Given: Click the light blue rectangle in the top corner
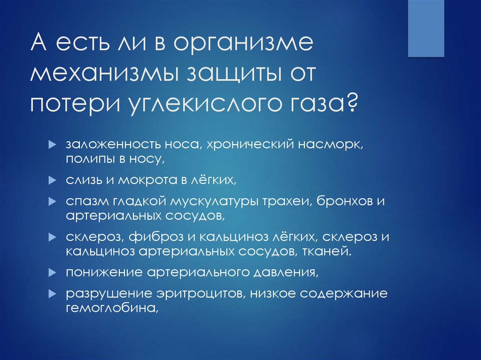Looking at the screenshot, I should tap(426, 28).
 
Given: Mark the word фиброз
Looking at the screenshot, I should tap(153, 237).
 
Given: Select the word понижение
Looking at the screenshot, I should tap(97, 272).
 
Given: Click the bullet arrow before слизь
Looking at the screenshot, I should tap(53, 180).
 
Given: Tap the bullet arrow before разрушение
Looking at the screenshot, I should tap(53, 294).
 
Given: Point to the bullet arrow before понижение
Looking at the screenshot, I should tap(53, 272).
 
